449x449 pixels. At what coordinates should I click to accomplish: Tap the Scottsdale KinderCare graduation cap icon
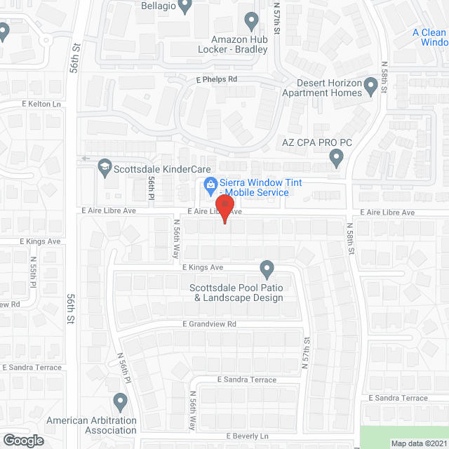(x=105, y=168)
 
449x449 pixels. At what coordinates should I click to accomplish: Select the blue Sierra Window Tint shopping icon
(x=209, y=186)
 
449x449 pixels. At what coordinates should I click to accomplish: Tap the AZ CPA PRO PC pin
(x=336, y=161)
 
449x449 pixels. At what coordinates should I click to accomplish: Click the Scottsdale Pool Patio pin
(x=267, y=269)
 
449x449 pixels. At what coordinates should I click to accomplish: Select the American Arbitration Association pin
(x=120, y=402)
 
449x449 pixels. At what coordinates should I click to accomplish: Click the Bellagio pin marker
(x=185, y=6)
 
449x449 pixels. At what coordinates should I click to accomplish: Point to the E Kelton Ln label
(x=41, y=104)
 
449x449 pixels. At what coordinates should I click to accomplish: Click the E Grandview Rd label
(x=209, y=324)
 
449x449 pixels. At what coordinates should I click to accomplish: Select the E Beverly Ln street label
(x=248, y=436)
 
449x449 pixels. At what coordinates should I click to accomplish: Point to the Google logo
(x=23, y=440)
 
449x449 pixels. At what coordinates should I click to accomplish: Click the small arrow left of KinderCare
(x=83, y=159)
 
